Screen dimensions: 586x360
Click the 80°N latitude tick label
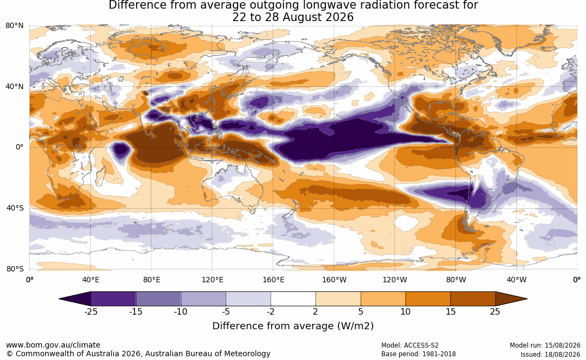(x=14, y=26)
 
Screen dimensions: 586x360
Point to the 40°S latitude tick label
(x=15, y=208)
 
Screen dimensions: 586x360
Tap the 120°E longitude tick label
(x=212, y=280)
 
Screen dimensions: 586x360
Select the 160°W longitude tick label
(x=334, y=280)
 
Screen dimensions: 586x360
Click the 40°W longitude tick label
(x=516, y=280)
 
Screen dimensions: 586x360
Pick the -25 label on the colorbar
(x=90, y=311)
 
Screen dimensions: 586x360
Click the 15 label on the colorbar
(x=450, y=311)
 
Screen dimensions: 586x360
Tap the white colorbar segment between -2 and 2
(x=293, y=299)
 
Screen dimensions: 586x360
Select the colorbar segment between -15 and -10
(x=158, y=299)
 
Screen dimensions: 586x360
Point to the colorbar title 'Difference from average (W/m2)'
(x=293, y=326)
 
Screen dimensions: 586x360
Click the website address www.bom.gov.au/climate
(x=53, y=345)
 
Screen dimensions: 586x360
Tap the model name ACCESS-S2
(x=421, y=345)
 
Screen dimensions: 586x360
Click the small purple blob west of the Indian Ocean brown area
(x=121, y=151)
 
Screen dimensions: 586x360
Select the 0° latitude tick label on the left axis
(x=19, y=147)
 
